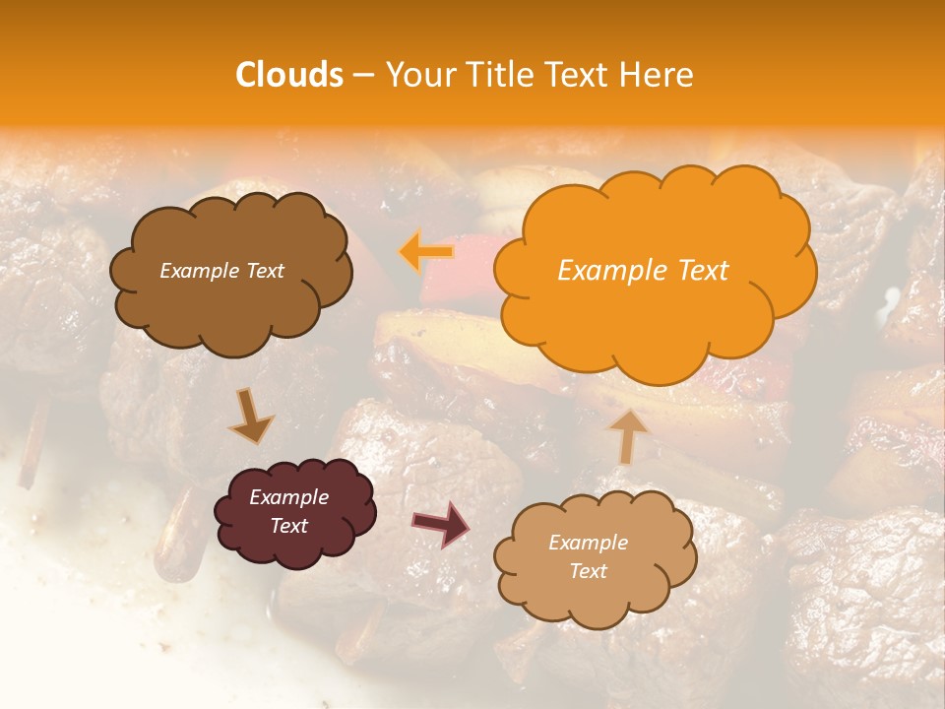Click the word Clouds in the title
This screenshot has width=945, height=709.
coord(289,75)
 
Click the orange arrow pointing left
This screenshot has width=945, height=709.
coord(426,252)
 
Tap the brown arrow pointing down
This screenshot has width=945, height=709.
coord(251,417)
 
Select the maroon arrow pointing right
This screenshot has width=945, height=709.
coord(441,523)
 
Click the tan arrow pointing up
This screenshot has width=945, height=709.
coord(627,433)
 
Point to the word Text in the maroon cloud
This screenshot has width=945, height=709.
coord(289,526)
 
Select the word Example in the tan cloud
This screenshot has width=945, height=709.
coord(588,543)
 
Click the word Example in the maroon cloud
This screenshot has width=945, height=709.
coord(289,497)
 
